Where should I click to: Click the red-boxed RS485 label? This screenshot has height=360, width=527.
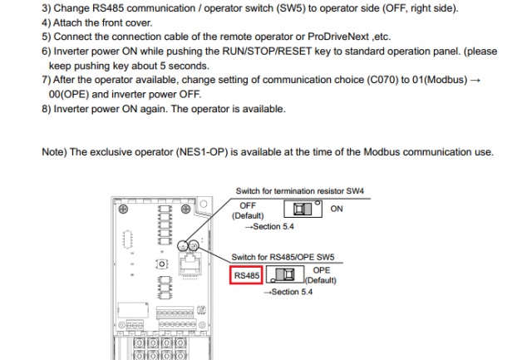click(x=246, y=275)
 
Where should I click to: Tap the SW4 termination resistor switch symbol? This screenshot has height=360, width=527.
click(x=303, y=209)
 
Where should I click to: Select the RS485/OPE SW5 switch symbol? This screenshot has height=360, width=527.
click(x=285, y=274)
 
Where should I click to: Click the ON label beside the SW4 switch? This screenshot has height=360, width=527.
click(x=337, y=209)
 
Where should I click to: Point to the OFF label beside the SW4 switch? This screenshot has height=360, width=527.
click(x=248, y=205)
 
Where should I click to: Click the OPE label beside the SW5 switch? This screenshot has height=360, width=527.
click(x=322, y=270)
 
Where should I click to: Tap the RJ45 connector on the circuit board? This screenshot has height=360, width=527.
click(x=190, y=264)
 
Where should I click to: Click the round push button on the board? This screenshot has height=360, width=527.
click(x=161, y=264)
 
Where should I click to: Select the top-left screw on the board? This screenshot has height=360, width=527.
click(x=123, y=209)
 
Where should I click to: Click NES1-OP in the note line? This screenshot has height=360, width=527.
click(x=202, y=152)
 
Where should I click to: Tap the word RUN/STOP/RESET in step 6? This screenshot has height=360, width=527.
click(x=267, y=52)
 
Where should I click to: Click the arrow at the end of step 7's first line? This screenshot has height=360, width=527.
click(x=475, y=80)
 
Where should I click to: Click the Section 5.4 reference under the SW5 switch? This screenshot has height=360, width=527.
click(x=288, y=292)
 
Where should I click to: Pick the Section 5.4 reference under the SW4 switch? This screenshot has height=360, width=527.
click(x=269, y=226)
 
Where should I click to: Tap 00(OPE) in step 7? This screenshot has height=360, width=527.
click(x=68, y=95)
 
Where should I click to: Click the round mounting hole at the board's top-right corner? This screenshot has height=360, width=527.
click(x=204, y=204)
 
